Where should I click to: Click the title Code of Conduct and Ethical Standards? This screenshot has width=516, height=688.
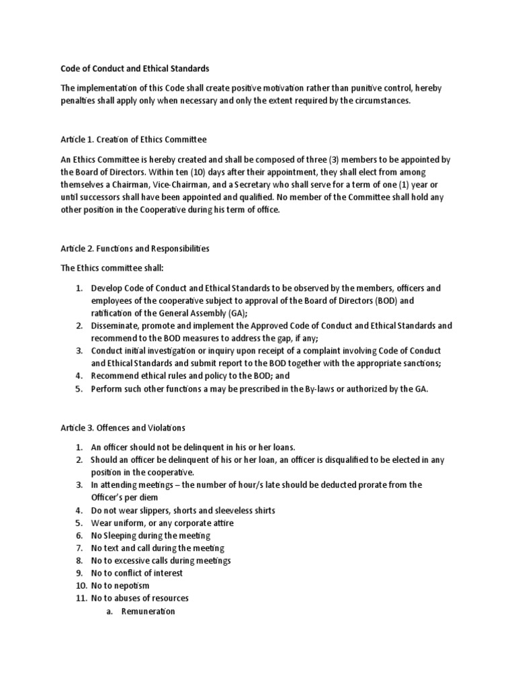click(x=134, y=69)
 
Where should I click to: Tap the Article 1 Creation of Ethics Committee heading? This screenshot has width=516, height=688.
click(x=134, y=140)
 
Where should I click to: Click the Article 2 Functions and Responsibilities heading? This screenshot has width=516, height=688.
click(x=134, y=248)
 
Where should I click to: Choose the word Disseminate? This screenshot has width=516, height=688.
click(x=116, y=325)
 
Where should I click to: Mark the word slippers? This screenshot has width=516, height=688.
click(x=138, y=510)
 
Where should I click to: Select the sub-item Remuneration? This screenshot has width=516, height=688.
click(x=148, y=611)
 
